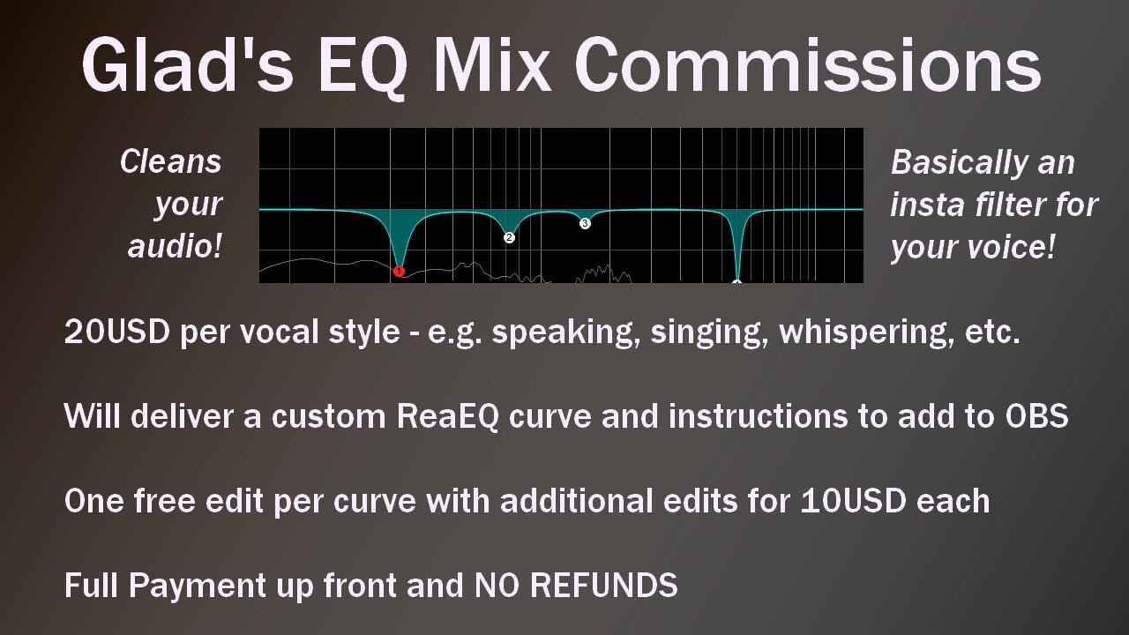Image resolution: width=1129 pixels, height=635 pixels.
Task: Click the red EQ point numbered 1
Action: pos(399,272)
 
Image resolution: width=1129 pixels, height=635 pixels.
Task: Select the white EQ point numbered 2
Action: pos(509,237)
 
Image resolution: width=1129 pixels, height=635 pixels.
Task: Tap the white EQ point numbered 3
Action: pos(585,223)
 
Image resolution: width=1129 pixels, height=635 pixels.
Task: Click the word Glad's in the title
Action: pos(187,65)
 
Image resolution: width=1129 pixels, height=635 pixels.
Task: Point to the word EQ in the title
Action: pos(362,68)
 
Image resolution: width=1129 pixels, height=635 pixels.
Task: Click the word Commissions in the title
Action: pos(807,65)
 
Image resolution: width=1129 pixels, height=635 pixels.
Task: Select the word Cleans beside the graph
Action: pos(171,161)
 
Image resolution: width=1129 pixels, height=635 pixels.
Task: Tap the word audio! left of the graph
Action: pos(175,246)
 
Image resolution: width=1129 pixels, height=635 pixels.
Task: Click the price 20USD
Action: pos(117,332)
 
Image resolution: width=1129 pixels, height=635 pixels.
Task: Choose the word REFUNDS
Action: pos(604,586)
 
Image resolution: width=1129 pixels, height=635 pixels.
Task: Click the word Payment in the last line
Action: pos(196,587)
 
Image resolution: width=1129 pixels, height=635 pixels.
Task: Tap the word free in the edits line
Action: pos(164,500)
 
